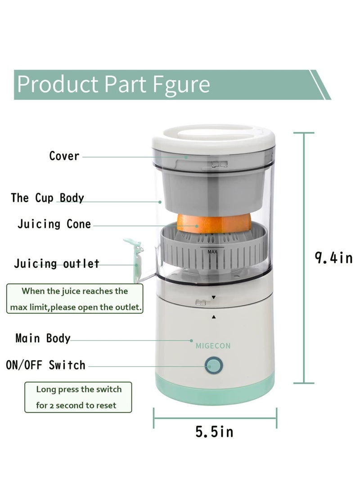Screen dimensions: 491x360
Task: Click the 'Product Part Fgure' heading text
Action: coord(114,84)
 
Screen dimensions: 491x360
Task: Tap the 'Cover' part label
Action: coord(64,156)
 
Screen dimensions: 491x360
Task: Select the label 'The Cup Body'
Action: coord(47,198)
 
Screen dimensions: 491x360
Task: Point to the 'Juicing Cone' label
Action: coord(54,224)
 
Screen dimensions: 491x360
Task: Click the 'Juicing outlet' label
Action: coord(57,264)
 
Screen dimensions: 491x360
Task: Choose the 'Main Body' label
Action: coord(43,338)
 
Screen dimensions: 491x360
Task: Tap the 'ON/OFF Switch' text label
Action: coord(45,365)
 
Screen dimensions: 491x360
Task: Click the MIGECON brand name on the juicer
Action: coord(213,346)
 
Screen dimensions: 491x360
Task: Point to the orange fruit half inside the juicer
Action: coord(213,222)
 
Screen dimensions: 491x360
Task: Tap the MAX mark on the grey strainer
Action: coord(213,252)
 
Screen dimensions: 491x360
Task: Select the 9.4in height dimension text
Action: coord(333,258)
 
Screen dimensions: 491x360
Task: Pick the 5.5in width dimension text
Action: coord(214,432)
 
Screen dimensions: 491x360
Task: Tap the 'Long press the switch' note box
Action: coord(78,397)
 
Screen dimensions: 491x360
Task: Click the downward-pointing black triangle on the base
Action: coord(214,298)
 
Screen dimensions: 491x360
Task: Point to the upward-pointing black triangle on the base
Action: coord(214,317)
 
